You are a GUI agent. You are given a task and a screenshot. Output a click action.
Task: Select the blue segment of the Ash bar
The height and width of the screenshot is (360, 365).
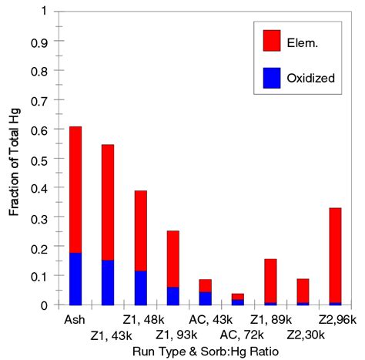point(75,278)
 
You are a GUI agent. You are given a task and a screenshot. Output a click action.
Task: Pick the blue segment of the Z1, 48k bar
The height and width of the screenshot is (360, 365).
point(140,288)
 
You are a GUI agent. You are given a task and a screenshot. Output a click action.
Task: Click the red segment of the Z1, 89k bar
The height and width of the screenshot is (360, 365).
point(270,281)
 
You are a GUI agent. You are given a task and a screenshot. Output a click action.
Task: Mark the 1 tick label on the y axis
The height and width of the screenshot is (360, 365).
point(43,12)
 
